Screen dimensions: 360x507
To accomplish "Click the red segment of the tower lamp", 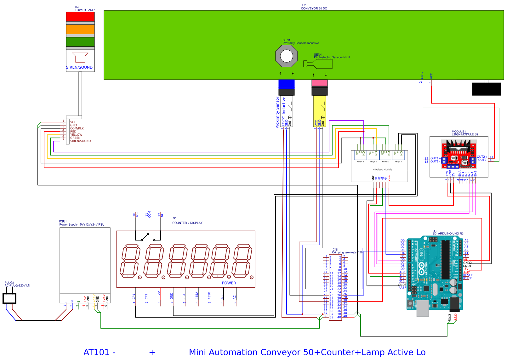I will click(80, 16).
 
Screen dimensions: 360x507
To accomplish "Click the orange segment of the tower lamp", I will click(80, 29).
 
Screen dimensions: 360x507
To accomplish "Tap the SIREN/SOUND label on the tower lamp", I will click(79, 67).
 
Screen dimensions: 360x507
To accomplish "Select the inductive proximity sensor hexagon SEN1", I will click(286, 56).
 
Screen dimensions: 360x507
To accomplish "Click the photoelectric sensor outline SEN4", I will click(318, 64).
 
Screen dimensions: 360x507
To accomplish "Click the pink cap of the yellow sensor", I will click(319, 82).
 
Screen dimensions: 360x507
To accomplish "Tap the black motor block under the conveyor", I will click(486, 89).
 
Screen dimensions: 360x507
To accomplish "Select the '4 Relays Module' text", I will click(382, 169).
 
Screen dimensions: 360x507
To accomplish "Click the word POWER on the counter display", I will click(229, 283).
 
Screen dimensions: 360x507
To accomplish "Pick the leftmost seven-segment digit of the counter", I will click(130, 261).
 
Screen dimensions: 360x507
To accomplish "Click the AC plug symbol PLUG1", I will click(9, 298).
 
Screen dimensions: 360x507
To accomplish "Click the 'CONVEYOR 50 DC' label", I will click(314, 8).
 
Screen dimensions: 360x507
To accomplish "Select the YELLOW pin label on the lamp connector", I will click(76, 135).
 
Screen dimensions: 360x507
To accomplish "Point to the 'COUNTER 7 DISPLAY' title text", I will click(187, 223).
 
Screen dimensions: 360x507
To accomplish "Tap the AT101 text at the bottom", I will click(96, 352).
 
